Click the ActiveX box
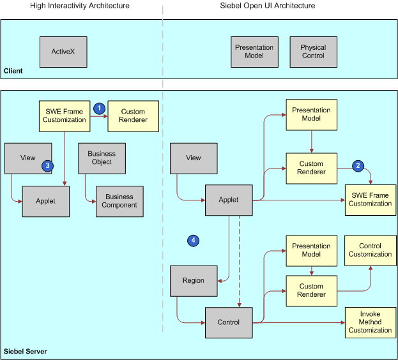63,52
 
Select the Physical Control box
312,52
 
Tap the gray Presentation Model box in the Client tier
254,52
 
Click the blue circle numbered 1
99,108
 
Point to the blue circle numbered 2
358,165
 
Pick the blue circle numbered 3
47,165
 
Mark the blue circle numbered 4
194,240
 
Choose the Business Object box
102,158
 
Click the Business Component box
120,201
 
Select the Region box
194,280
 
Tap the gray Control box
228,322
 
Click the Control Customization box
370,250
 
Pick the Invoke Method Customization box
370,322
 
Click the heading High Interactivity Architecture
80,6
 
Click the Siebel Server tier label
26,352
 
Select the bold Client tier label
13,71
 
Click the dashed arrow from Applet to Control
239,262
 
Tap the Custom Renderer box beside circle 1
133,116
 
